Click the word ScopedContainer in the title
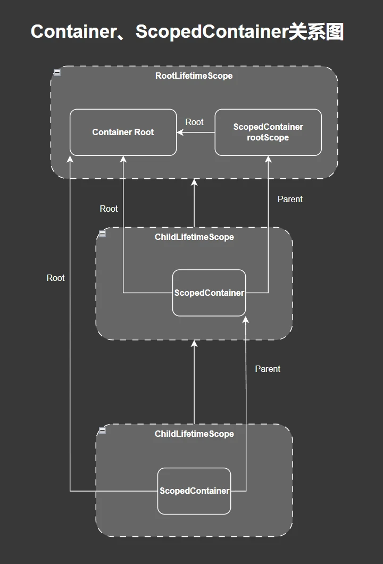(x=211, y=32)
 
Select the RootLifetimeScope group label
(x=194, y=76)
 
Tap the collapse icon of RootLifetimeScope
(x=57, y=73)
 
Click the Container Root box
(x=123, y=132)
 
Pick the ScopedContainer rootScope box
(x=268, y=132)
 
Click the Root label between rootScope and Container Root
(x=194, y=122)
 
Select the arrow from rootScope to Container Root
(x=196, y=132)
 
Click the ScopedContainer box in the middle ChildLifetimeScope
(x=209, y=293)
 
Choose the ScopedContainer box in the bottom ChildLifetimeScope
(x=194, y=491)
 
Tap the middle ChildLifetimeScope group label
(x=194, y=237)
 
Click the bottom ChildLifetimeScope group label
(x=194, y=434)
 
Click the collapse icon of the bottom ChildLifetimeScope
(x=102, y=430)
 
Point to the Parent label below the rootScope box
(x=290, y=199)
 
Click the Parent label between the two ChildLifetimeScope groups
(x=268, y=369)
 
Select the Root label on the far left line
(x=55, y=278)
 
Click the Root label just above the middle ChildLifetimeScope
(x=109, y=209)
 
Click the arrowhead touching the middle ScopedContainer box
(x=245, y=320)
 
